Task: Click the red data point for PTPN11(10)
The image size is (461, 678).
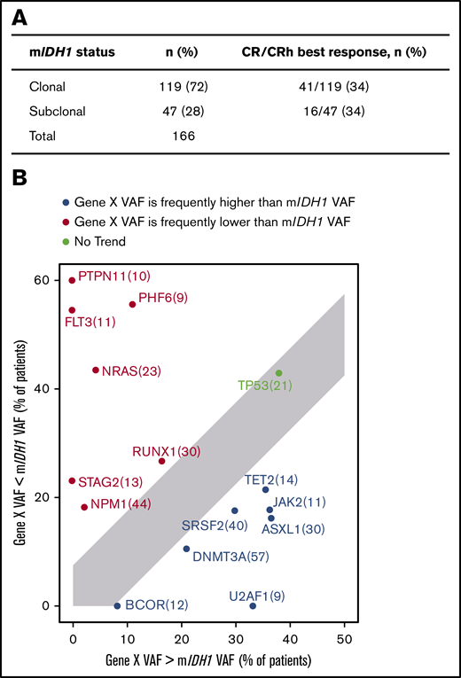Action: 73,280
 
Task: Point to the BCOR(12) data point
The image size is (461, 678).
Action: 117,605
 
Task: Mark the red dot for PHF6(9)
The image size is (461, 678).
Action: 133,304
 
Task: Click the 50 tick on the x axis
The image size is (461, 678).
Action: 344,638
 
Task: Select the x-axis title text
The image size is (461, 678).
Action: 208,660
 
